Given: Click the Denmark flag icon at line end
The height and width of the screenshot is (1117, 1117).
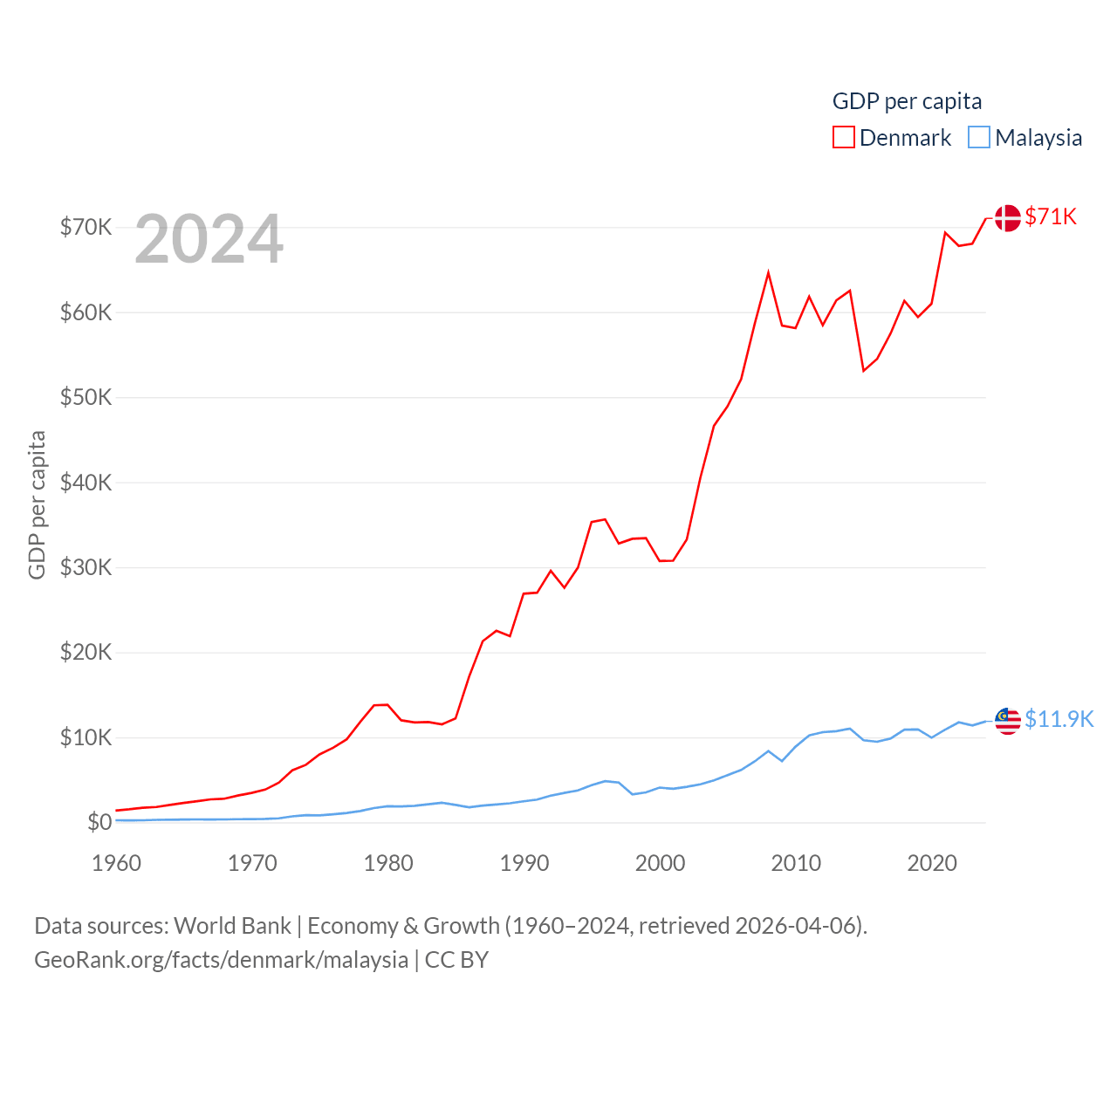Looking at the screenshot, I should coord(1007,218).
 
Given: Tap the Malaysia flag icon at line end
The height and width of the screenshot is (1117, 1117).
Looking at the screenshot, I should coord(1007,721).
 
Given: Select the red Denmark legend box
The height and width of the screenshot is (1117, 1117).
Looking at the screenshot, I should coord(843,138).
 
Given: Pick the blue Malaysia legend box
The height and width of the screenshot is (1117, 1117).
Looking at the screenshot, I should coord(979,138).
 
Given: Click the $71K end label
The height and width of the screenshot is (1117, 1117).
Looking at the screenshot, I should coord(1051,216).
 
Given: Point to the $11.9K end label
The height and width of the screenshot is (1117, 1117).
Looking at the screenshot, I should coord(1059,719).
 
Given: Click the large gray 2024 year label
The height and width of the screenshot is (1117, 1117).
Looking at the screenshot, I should coord(209,238).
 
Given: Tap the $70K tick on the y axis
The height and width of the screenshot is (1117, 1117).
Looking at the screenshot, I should coord(86,228).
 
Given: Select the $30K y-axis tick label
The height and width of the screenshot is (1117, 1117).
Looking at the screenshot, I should coord(86,568).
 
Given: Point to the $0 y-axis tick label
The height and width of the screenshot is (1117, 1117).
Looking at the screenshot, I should coord(99,823).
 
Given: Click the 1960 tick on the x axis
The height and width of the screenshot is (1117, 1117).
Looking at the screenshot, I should coord(116,864).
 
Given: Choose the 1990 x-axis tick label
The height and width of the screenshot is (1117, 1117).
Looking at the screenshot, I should coord(524,864).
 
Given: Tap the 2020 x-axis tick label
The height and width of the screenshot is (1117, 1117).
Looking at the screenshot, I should coord(932,864).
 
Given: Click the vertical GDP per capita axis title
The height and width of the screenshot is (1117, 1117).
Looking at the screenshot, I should coord(37,504).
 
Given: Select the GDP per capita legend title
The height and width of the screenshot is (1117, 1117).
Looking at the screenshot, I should coord(907,101).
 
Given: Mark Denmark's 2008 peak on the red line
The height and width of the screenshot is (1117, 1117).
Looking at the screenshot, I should coord(768,273).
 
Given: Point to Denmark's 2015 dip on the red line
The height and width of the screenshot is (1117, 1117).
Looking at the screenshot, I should coord(863,371).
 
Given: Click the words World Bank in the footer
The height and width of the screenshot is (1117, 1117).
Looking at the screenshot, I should coord(232,926).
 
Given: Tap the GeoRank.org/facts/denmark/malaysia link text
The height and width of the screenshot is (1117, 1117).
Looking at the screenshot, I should coord(221,960).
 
